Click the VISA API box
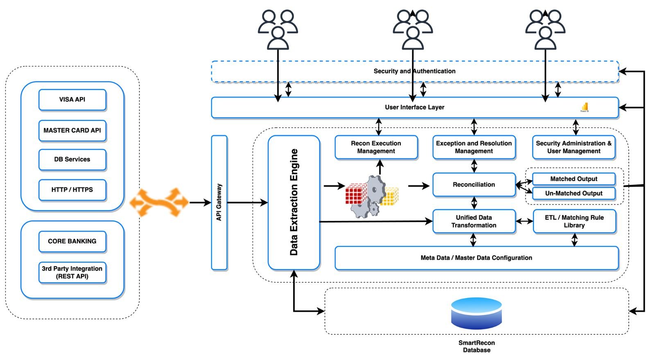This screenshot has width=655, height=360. [x=72, y=100]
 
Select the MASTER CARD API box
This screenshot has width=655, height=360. [x=72, y=130]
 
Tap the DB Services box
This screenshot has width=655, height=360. [x=72, y=159]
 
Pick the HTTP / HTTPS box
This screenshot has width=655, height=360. [x=72, y=190]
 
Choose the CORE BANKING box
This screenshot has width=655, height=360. [x=72, y=241]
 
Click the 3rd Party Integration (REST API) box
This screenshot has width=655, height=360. [x=72, y=272]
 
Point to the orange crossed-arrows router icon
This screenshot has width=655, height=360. [x=159, y=202]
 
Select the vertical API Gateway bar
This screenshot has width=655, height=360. [x=219, y=202]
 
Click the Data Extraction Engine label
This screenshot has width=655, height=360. [x=294, y=202]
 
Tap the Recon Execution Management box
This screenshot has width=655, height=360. [x=376, y=147]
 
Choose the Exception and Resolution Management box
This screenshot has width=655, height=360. [x=474, y=147]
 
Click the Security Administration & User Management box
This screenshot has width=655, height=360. [x=574, y=147]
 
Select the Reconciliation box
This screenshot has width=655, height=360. [x=474, y=185]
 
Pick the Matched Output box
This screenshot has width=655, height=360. [x=574, y=179]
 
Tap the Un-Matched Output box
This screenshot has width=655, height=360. [x=574, y=193]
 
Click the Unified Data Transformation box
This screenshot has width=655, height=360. [x=474, y=221]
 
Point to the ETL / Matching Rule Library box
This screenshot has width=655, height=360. [x=574, y=221]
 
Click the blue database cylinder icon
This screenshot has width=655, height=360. [x=476, y=313]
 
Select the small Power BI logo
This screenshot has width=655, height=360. [x=585, y=107]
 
